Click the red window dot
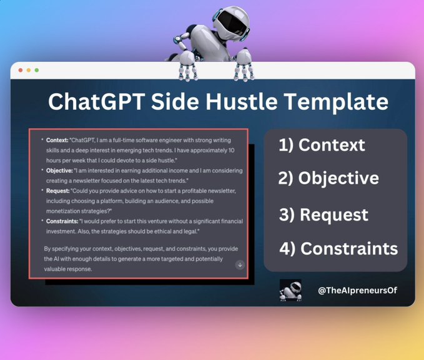click(x=20, y=71)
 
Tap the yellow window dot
click(x=29, y=71)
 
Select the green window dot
click(x=37, y=71)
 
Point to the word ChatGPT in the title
click(x=97, y=101)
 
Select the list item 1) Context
click(x=322, y=145)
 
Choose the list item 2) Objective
click(x=328, y=178)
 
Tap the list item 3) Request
click(x=323, y=215)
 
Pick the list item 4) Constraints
click(x=338, y=249)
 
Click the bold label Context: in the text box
click(x=57, y=140)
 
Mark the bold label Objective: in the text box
click(x=59, y=171)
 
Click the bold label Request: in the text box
click(x=58, y=191)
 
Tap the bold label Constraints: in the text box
click(x=62, y=221)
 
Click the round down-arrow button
click(x=240, y=265)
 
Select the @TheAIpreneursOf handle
click(x=357, y=291)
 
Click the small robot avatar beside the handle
click(x=290, y=290)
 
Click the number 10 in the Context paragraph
click(x=231, y=150)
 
